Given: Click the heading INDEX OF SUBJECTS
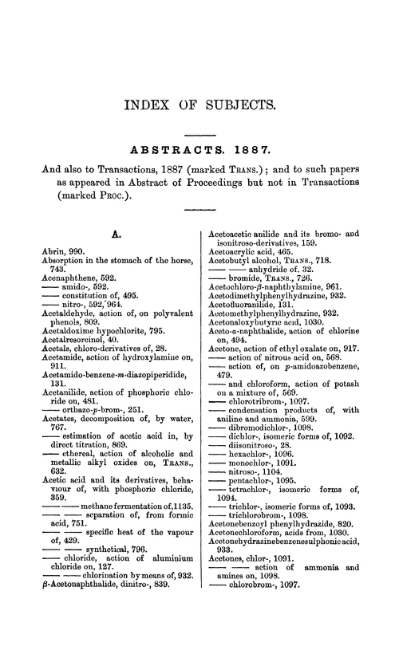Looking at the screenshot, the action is [199, 104].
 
